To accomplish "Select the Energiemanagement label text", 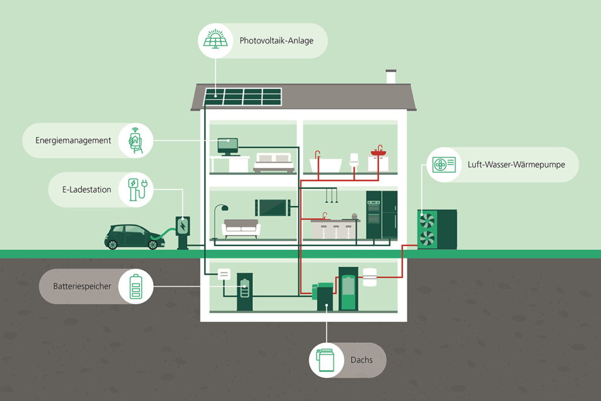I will [73, 140].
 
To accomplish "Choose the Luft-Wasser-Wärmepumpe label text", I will [516, 164].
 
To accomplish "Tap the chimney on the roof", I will [391, 77].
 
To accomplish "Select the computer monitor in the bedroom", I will [228, 144].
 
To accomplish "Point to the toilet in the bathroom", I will [354, 162].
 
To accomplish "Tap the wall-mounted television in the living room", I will [272, 207].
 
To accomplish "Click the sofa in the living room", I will [241, 228].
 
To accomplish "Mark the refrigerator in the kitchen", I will [389, 214].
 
